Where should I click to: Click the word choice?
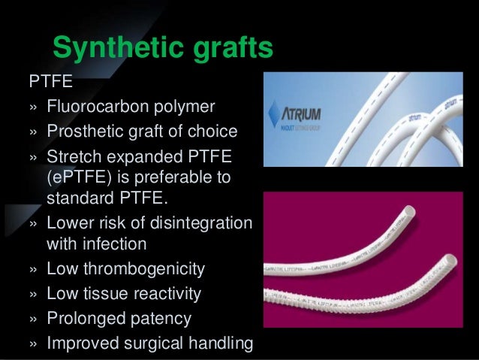(x=212, y=133)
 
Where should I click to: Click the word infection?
(x=119, y=244)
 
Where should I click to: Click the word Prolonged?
(x=85, y=318)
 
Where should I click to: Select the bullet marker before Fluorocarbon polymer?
(x=32, y=106)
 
